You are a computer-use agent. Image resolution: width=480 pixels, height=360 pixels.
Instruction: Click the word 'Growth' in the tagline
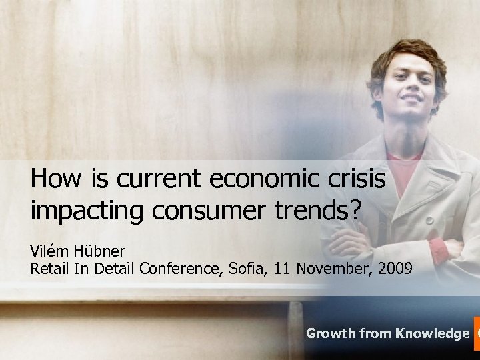331,333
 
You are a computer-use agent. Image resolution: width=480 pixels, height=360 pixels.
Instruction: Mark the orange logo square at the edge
476,333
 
